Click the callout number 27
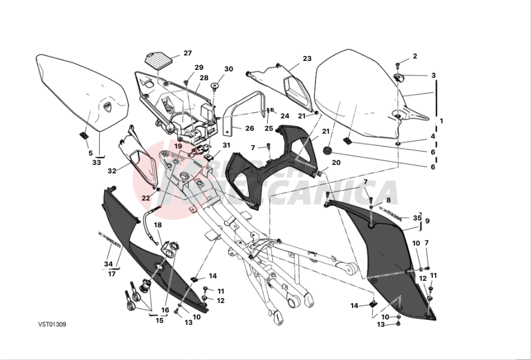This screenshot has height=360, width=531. pos(187,53)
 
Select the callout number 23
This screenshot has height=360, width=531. pos(307,59)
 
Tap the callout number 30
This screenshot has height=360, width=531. pos(228,69)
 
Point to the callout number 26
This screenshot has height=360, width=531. pos(249,128)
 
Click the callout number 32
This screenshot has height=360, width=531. pos(112,171)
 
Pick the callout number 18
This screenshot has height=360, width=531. pos(157,225)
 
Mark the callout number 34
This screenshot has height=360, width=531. pos(108,264)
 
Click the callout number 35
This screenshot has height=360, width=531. pos(417,218)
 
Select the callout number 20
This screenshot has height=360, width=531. pos(336,163)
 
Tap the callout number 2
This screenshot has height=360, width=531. pos(415,56)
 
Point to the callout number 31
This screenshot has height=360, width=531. pos(226,146)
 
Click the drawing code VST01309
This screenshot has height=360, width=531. pos(52,325)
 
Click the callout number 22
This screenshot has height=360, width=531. pos(145,198)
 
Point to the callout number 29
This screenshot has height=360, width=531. pos(199,68)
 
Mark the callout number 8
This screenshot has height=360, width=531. pos(388,200)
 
